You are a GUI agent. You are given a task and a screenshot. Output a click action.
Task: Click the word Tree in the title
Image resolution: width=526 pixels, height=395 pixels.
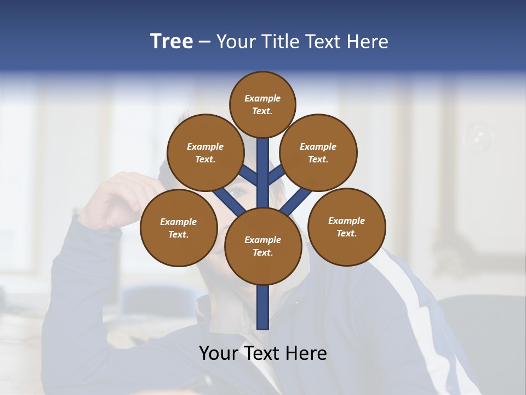pyautogui.click(x=171, y=42)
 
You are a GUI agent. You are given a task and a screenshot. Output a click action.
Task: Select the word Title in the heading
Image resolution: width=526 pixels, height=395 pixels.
pyautogui.click(x=280, y=42)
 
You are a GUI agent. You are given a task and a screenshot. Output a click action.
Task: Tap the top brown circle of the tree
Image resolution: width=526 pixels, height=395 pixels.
pyautogui.click(x=262, y=104)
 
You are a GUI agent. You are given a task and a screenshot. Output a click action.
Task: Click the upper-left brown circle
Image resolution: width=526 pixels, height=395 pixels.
pyautogui.click(x=205, y=153)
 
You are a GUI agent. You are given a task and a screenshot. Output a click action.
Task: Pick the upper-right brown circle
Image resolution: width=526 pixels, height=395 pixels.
pyautogui.click(x=318, y=153)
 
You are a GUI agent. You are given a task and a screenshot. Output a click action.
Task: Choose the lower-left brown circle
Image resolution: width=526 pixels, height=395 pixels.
pyautogui.click(x=178, y=228)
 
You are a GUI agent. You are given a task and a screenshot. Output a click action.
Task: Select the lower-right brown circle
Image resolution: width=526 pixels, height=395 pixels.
pyautogui.click(x=346, y=227)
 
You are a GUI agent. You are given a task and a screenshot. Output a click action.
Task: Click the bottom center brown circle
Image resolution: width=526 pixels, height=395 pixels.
pyautogui.click(x=262, y=246)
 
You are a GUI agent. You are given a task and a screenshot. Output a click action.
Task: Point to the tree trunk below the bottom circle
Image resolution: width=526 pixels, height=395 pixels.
pyautogui.click(x=263, y=307)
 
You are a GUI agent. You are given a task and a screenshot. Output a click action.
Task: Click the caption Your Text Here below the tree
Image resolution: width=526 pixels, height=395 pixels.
pyautogui.click(x=262, y=353)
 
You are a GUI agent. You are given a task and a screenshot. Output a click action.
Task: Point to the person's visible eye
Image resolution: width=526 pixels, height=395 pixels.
pyautogui.click(x=238, y=193)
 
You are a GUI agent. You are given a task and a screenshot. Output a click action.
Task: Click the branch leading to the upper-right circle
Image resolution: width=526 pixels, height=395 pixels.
pyautogui.click(x=276, y=175)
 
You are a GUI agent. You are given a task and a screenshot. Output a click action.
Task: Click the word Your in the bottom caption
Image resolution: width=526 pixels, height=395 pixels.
pyautogui.click(x=219, y=353)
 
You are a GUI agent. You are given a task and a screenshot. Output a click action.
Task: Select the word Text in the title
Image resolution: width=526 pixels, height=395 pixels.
pyautogui.click(x=324, y=42)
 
